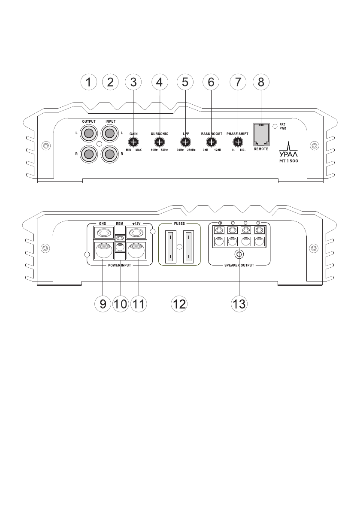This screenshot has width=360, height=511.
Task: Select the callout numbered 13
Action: pyautogui.click(x=239, y=304)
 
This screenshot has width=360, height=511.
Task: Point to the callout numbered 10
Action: pyautogui.click(x=121, y=304)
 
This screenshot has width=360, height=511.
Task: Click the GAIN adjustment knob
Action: pyautogui.click(x=133, y=142)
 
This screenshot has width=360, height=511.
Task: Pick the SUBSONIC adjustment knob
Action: pyautogui.click(x=160, y=142)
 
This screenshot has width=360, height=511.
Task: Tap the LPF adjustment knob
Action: pyautogui.click(x=185, y=142)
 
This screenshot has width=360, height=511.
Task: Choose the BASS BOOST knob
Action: pyautogui.click(x=211, y=142)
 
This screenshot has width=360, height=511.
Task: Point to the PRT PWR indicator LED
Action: pyautogui.click(x=275, y=127)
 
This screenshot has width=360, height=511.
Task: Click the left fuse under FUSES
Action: pyautogui.click(x=170, y=246)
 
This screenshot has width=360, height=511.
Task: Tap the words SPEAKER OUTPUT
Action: pyautogui.click(x=239, y=266)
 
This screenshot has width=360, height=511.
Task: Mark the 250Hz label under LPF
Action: pyautogui.click(x=191, y=150)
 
